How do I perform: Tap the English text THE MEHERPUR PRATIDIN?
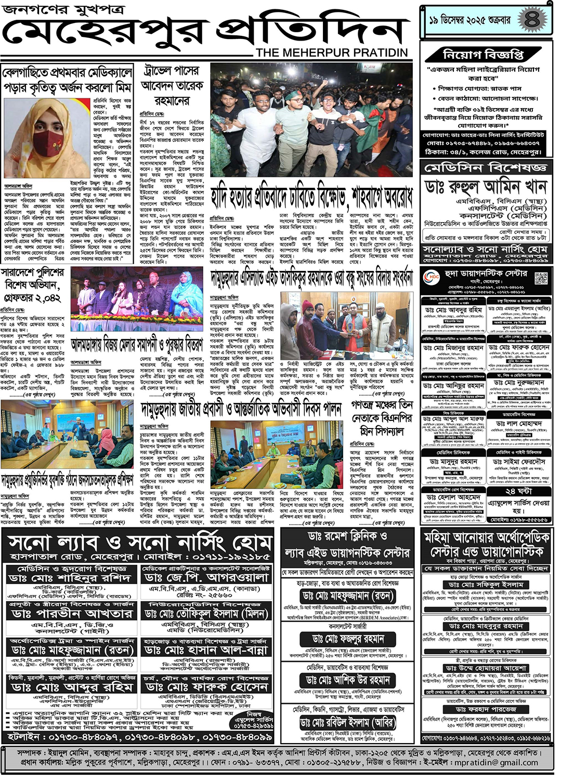332,53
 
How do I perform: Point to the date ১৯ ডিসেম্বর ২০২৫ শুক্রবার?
470,20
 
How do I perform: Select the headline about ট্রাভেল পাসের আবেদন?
172,85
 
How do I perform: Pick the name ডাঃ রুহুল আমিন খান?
486,186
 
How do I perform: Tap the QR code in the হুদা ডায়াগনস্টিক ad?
541,278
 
